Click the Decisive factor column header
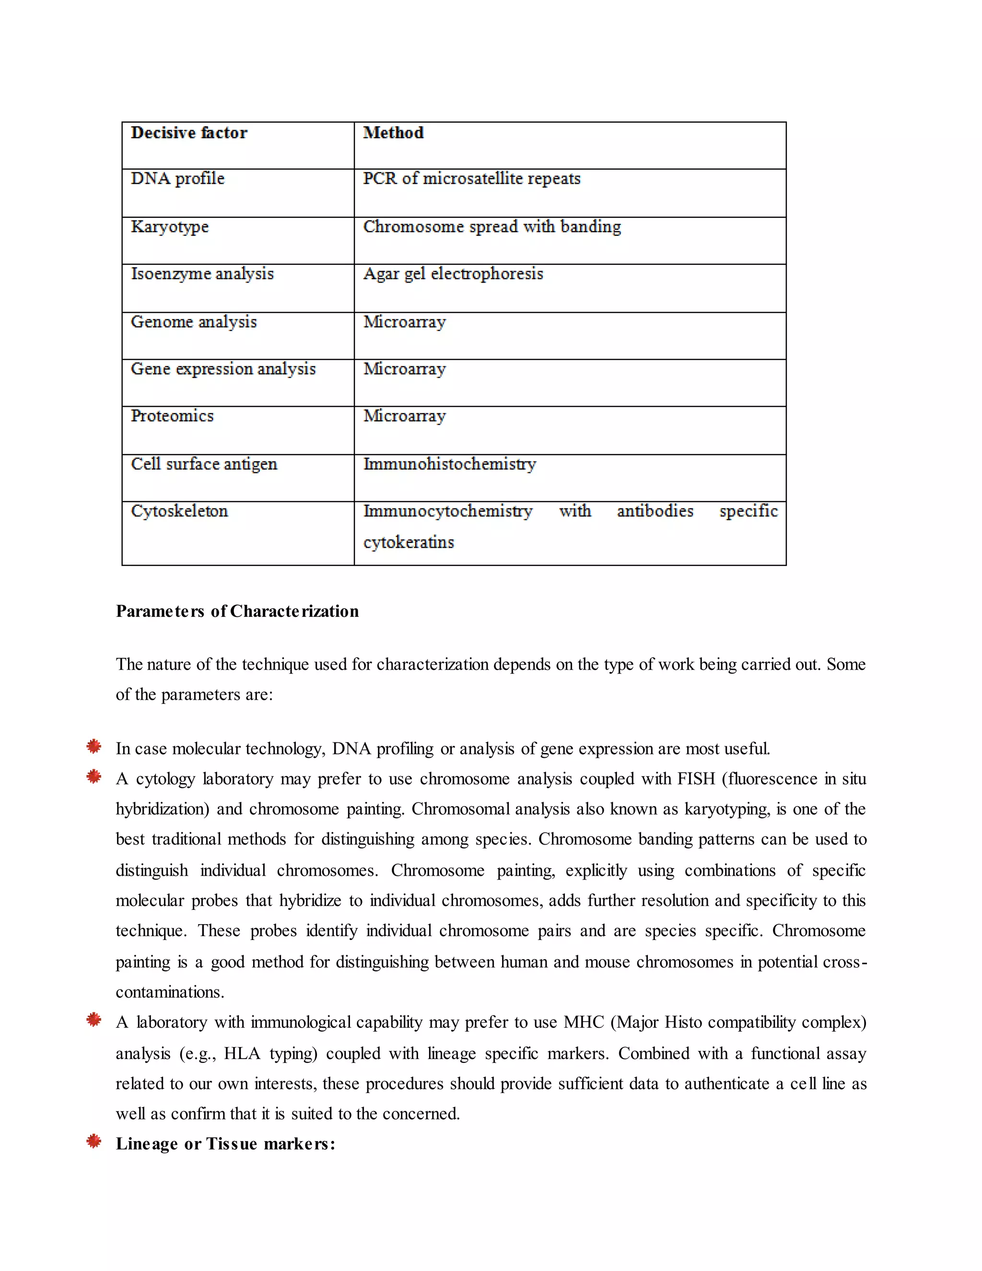[x=189, y=133]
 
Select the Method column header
[x=393, y=133]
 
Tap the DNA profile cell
[x=177, y=179]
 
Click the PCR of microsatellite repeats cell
[x=472, y=179]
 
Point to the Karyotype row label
[x=169, y=226]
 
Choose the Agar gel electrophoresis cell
[x=453, y=273]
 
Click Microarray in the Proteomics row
[x=404, y=416]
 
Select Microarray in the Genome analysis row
[x=404, y=322]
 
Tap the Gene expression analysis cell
[x=223, y=369]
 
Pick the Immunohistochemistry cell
[x=450, y=464]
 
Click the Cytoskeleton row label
[x=179, y=511]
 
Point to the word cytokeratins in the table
[x=409, y=542]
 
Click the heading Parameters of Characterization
[x=237, y=611]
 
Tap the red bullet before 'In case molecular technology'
[x=94, y=747]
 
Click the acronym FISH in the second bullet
[x=696, y=778]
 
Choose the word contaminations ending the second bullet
[x=170, y=992]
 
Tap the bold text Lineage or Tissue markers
[x=225, y=1143]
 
